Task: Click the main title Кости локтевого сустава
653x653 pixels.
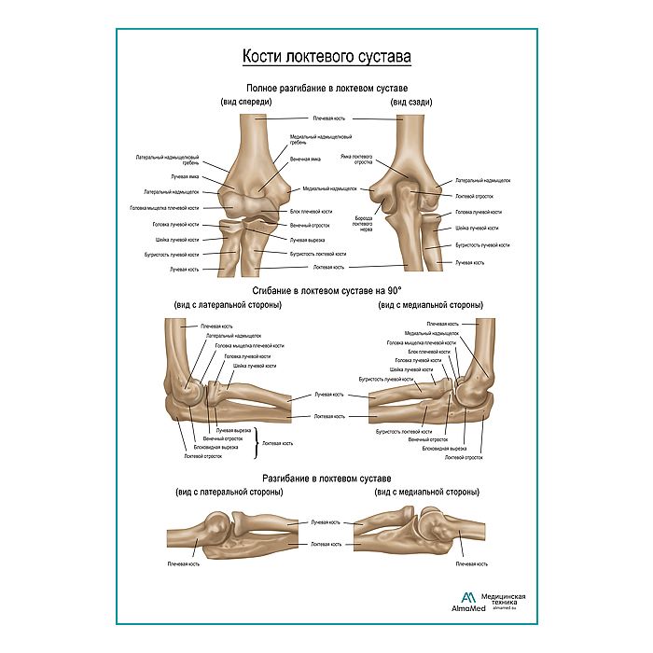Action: (326, 57)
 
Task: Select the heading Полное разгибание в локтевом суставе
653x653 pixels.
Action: (326, 87)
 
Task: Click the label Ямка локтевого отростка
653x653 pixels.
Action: (356, 160)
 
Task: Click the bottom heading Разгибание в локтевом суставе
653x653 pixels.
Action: (326, 479)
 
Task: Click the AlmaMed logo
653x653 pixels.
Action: (469, 600)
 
